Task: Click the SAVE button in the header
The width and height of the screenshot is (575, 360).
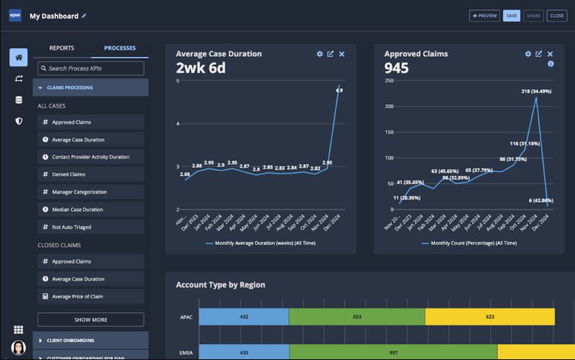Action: (511, 15)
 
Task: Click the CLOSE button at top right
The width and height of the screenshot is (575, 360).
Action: (556, 15)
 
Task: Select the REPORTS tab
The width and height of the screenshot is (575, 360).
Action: (61, 48)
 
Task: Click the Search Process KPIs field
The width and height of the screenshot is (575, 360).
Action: (91, 68)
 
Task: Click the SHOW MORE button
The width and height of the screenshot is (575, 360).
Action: (91, 320)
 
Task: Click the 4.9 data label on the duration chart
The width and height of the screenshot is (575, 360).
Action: (339, 91)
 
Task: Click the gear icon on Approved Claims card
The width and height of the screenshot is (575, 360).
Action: (528, 54)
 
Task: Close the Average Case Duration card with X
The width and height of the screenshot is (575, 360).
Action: (341, 54)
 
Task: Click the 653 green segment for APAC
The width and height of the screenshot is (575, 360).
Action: (356, 317)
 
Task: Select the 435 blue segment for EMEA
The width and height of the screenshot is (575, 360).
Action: (243, 352)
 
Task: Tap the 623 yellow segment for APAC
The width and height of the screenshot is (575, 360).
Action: (490, 317)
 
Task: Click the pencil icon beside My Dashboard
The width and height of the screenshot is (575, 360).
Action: (84, 15)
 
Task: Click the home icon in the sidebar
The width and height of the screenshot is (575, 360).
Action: (18, 58)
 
